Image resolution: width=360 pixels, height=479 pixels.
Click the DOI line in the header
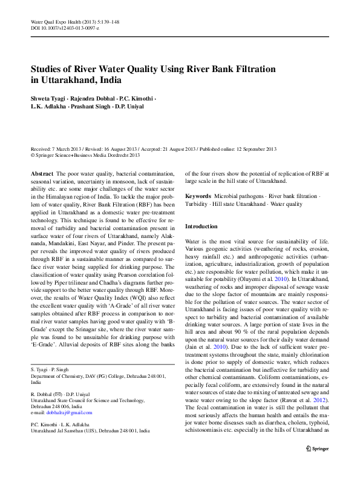(65, 28)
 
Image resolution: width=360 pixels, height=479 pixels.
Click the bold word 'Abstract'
(42, 173)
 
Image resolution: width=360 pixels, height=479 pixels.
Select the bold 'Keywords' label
(198, 196)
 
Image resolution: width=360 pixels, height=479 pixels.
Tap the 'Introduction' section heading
(201, 226)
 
